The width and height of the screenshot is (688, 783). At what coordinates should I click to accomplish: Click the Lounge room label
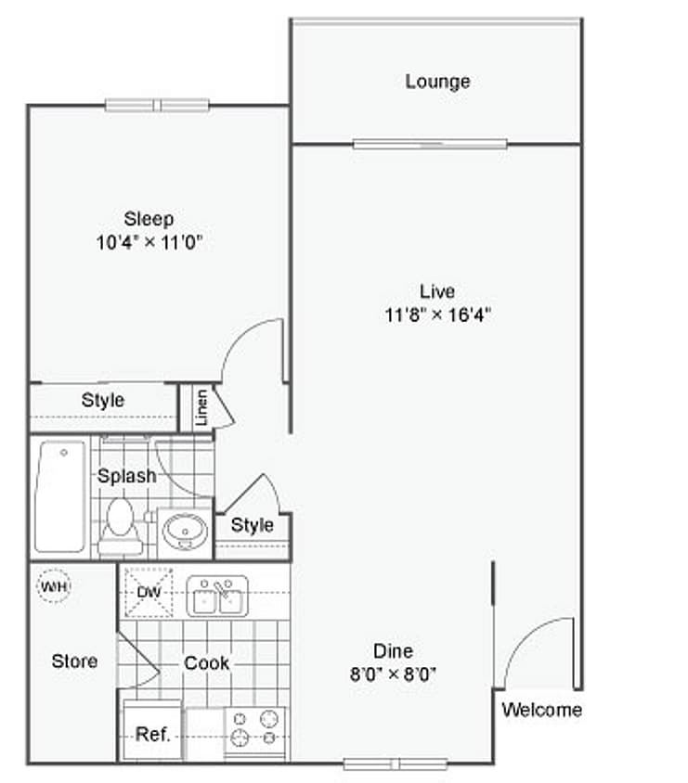point(437,82)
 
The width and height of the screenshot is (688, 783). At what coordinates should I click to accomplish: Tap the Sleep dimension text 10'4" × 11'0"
point(149,242)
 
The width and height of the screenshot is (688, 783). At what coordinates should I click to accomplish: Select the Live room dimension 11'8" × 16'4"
point(437,315)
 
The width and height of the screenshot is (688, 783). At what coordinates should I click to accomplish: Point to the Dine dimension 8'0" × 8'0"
point(393,674)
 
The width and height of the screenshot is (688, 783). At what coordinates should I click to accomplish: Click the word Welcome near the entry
point(541,710)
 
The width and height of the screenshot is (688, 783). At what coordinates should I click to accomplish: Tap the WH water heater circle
point(54,585)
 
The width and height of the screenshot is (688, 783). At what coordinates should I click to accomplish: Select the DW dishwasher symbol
point(149,592)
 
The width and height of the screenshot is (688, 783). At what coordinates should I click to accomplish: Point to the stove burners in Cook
point(255,728)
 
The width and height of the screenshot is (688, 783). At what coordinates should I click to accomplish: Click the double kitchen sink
point(217,596)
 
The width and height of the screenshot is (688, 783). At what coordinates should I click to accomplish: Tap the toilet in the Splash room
point(121,525)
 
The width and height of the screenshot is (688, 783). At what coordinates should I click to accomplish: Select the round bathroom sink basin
point(185,532)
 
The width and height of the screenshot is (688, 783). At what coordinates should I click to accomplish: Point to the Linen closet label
point(201,407)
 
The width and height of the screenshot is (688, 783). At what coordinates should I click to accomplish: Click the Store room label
point(74,661)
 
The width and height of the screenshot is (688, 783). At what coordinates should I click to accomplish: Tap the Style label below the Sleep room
point(103,400)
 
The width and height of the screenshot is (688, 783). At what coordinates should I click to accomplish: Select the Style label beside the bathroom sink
point(253,525)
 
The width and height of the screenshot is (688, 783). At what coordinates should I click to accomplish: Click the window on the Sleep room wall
point(157,106)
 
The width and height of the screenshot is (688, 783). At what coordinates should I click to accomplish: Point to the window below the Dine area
point(395,764)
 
